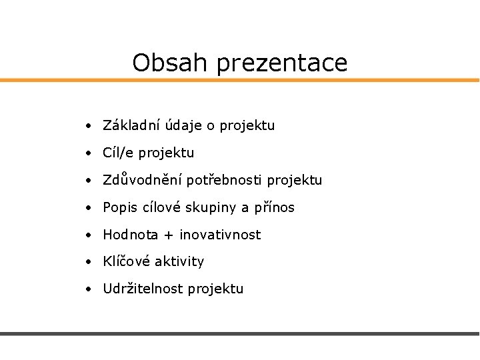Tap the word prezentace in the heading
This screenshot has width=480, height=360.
[x=283, y=64]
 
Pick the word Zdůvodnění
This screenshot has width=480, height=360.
[x=143, y=180]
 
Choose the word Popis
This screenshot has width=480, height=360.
[x=119, y=208]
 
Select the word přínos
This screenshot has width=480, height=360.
[x=273, y=208]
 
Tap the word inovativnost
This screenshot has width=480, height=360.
[x=220, y=235]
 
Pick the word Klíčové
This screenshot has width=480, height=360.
[x=127, y=261]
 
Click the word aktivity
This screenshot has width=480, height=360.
[x=179, y=262]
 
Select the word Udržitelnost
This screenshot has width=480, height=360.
[x=143, y=289]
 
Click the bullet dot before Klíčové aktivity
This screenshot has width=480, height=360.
[x=89, y=262]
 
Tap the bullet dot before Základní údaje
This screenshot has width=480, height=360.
[x=89, y=125]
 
